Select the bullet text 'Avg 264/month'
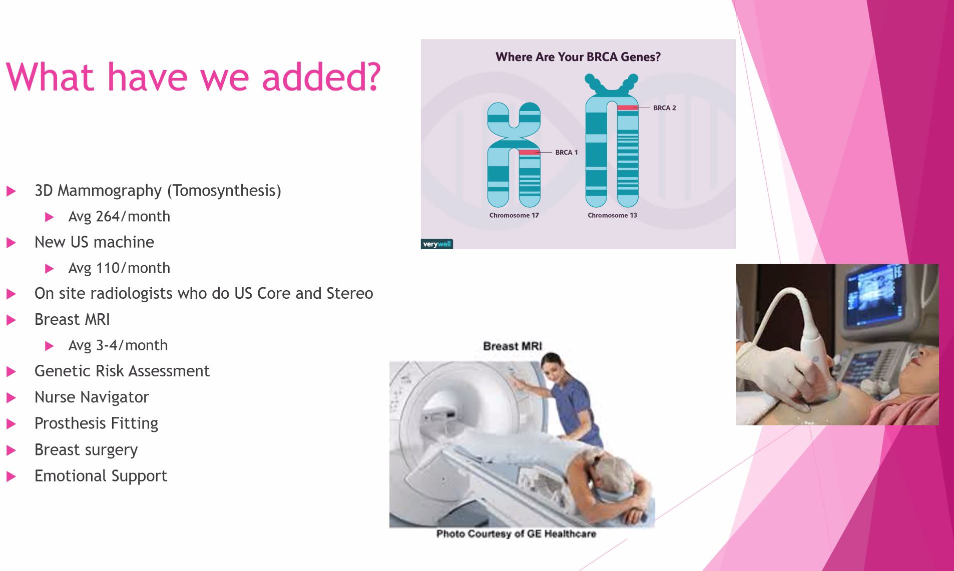[x=119, y=216]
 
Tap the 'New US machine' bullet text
[x=94, y=242]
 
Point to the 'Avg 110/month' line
[x=119, y=268]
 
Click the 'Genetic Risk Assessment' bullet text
[x=122, y=371]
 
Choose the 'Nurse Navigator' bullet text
[x=92, y=397]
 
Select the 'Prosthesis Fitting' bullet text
[x=96, y=423]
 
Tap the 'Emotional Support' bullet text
[x=101, y=476]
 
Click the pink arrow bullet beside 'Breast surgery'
[x=11, y=450]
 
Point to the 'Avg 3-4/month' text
[x=118, y=345]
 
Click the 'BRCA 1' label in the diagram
[x=567, y=152]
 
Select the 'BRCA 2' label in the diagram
[x=665, y=108]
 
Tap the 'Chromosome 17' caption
[x=514, y=215]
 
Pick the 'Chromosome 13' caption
[x=612, y=215]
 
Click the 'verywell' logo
[x=437, y=244]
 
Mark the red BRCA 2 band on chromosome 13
[x=628, y=108]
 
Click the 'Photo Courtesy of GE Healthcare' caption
[x=516, y=534]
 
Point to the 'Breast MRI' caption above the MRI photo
[x=513, y=346]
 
